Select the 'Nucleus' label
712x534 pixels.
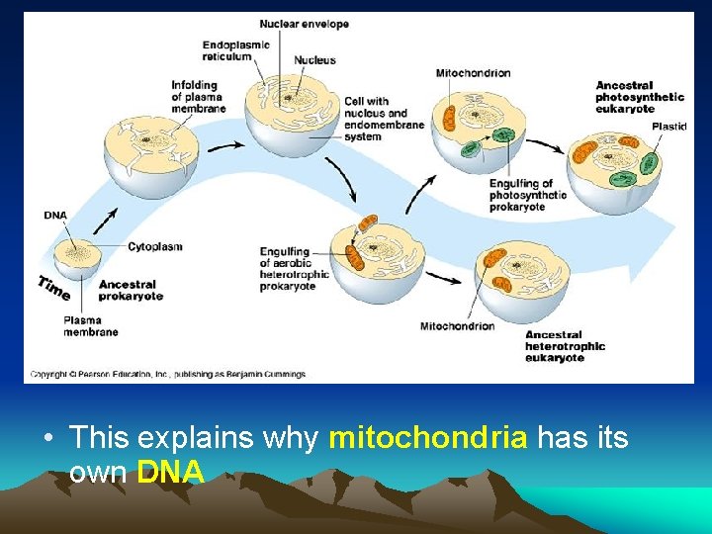click(314, 60)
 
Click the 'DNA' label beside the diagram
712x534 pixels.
click(55, 215)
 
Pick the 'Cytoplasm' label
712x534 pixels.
click(154, 246)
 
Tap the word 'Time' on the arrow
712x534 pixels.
click(53, 287)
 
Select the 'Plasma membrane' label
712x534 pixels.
click(90, 326)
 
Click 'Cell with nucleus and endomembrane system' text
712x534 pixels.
click(384, 119)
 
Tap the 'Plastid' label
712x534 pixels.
click(668, 126)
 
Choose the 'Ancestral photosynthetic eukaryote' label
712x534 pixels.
click(639, 97)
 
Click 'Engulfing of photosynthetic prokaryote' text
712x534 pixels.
click(527, 195)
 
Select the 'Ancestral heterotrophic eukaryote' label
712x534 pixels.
click(565, 346)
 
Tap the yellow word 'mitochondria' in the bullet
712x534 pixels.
click(427, 438)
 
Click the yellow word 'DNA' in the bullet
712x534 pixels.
click(171, 473)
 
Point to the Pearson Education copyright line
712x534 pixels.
click(167, 374)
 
